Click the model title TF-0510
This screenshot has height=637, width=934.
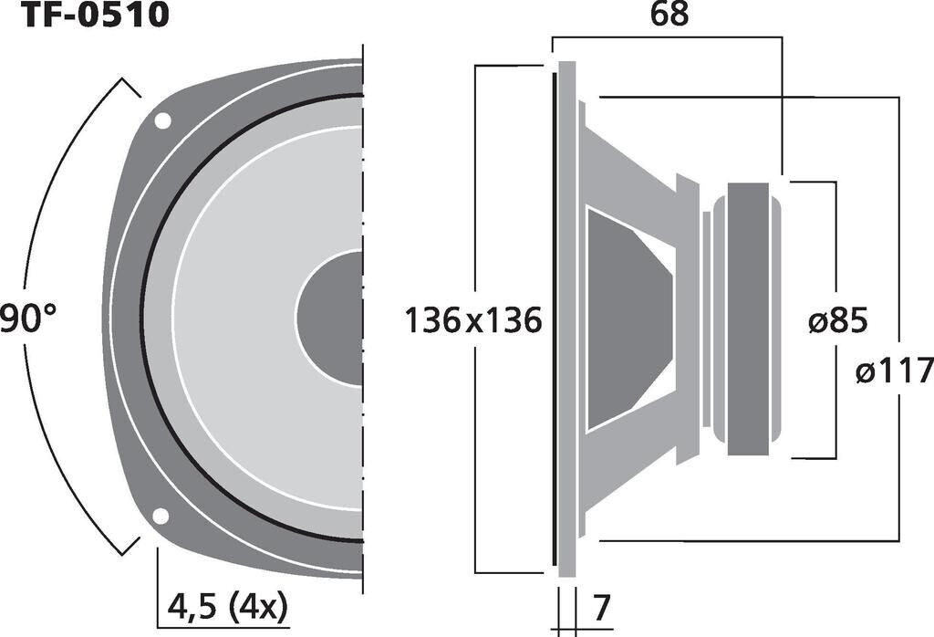coord(95,14)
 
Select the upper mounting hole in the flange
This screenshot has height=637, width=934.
coord(162,121)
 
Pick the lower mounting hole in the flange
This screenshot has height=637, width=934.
coord(161,516)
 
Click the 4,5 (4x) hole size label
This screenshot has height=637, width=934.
coord(227,607)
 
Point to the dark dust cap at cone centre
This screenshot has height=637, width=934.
coord(330,318)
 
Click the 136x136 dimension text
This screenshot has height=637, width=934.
coord(473,320)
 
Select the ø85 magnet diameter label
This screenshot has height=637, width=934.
coord(838,321)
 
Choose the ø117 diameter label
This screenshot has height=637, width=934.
coord(895,371)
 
